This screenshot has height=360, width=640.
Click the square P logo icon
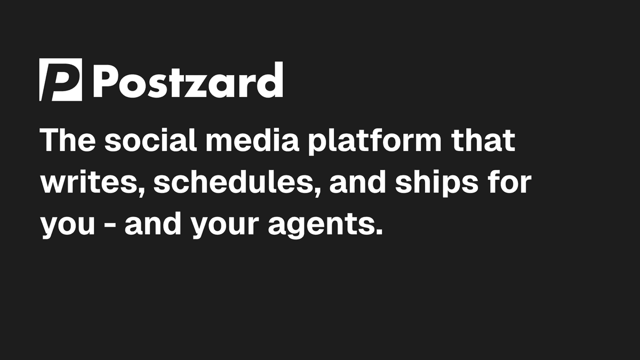click(61, 79)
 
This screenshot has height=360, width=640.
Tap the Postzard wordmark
click(188, 79)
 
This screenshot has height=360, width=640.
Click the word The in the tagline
click(68, 140)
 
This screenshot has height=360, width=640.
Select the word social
click(150, 140)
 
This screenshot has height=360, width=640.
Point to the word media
click(252, 140)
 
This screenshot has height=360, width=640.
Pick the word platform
click(375, 142)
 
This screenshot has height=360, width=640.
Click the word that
click(483, 140)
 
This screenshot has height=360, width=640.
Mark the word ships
click(437, 183)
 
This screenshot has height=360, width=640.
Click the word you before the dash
click(67, 226)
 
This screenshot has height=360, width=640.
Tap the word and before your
click(153, 223)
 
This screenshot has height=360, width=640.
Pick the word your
click(225, 226)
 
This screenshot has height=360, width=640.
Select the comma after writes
click(141, 191)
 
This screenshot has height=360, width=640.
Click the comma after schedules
click(317, 191)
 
